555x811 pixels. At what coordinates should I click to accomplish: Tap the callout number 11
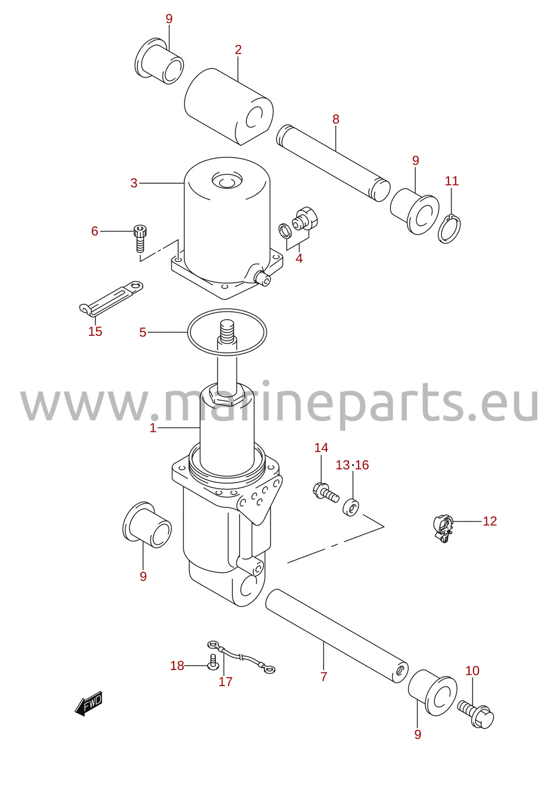(x=451, y=181)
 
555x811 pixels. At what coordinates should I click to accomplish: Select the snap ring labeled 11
(x=450, y=229)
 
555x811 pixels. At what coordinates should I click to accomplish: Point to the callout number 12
(x=490, y=521)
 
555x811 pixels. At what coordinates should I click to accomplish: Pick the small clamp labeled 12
(x=443, y=530)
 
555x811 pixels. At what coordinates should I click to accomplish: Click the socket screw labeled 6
(x=140, y=238)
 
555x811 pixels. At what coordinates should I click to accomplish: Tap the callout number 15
(x=95, y=331)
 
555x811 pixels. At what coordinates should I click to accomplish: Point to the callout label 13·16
(x=352, y=465)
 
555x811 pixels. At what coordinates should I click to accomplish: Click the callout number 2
(x=238, y=50)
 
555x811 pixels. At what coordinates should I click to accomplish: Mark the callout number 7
(x=324, y=676)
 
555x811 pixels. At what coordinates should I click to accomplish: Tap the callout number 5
(x=143, y=332)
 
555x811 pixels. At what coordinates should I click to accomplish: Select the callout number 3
(x=134, y=183)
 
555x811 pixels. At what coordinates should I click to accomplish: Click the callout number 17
(x=225, y=682)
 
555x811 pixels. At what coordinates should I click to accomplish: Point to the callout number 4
(x=299, y=259)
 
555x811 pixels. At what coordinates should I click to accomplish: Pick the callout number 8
(x=336, y=119)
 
